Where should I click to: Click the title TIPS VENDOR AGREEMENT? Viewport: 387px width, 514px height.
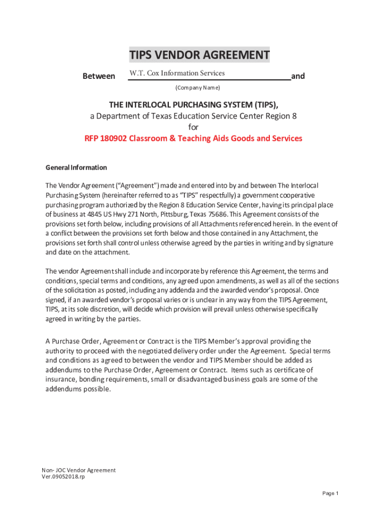click(199, 55)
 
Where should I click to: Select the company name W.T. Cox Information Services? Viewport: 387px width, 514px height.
click(177, 73)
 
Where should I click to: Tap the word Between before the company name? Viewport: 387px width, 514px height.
click(99, 76)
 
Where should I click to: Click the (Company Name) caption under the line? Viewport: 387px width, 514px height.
click(198, 88)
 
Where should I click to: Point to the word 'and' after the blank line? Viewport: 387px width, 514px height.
click(298, 76)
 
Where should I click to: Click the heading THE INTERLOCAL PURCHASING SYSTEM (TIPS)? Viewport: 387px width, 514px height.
click(193, 104)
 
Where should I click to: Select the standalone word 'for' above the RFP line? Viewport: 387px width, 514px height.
click(193, 127)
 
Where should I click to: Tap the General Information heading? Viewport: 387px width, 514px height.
click(76, 168)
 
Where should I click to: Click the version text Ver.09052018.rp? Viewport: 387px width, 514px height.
click(63, 477)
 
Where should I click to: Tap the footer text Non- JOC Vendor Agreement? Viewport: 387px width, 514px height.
click(79, 470)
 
